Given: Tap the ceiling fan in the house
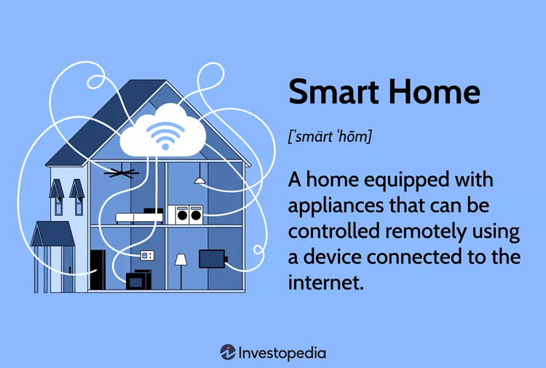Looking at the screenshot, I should point(122,173).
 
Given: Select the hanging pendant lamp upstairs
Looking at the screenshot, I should point(199,179).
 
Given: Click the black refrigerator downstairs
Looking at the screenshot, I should point(98,270).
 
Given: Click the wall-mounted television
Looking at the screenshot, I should point(212,258).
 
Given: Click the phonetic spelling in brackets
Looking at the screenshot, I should point(330,136).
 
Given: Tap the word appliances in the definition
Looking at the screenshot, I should point(335,207).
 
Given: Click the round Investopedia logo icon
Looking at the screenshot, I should point(227,352).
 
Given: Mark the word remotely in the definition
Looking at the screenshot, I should point(422,233).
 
